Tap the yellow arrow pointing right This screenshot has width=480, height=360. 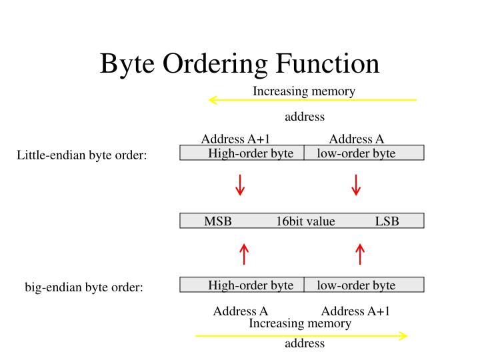(x=301, y=335)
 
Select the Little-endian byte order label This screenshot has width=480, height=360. (x=81, y=156)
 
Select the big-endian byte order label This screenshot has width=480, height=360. (x=84, y=289)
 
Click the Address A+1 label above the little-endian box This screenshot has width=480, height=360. (x=235, y=139)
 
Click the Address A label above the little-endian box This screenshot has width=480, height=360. (x=356, y=139)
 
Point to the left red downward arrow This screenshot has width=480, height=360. (x=241, y=185)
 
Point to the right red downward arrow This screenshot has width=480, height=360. (x=356, y=185)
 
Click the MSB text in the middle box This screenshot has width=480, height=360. (x=217, y=221)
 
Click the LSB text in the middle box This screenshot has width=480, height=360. (x=387, y=221)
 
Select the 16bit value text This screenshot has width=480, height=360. (x=305, y=221)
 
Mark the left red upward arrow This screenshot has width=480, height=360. (x=245, y=253)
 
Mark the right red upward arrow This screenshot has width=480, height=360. (x=360, y=253)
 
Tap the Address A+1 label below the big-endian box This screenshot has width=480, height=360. (x=355, y=311)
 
